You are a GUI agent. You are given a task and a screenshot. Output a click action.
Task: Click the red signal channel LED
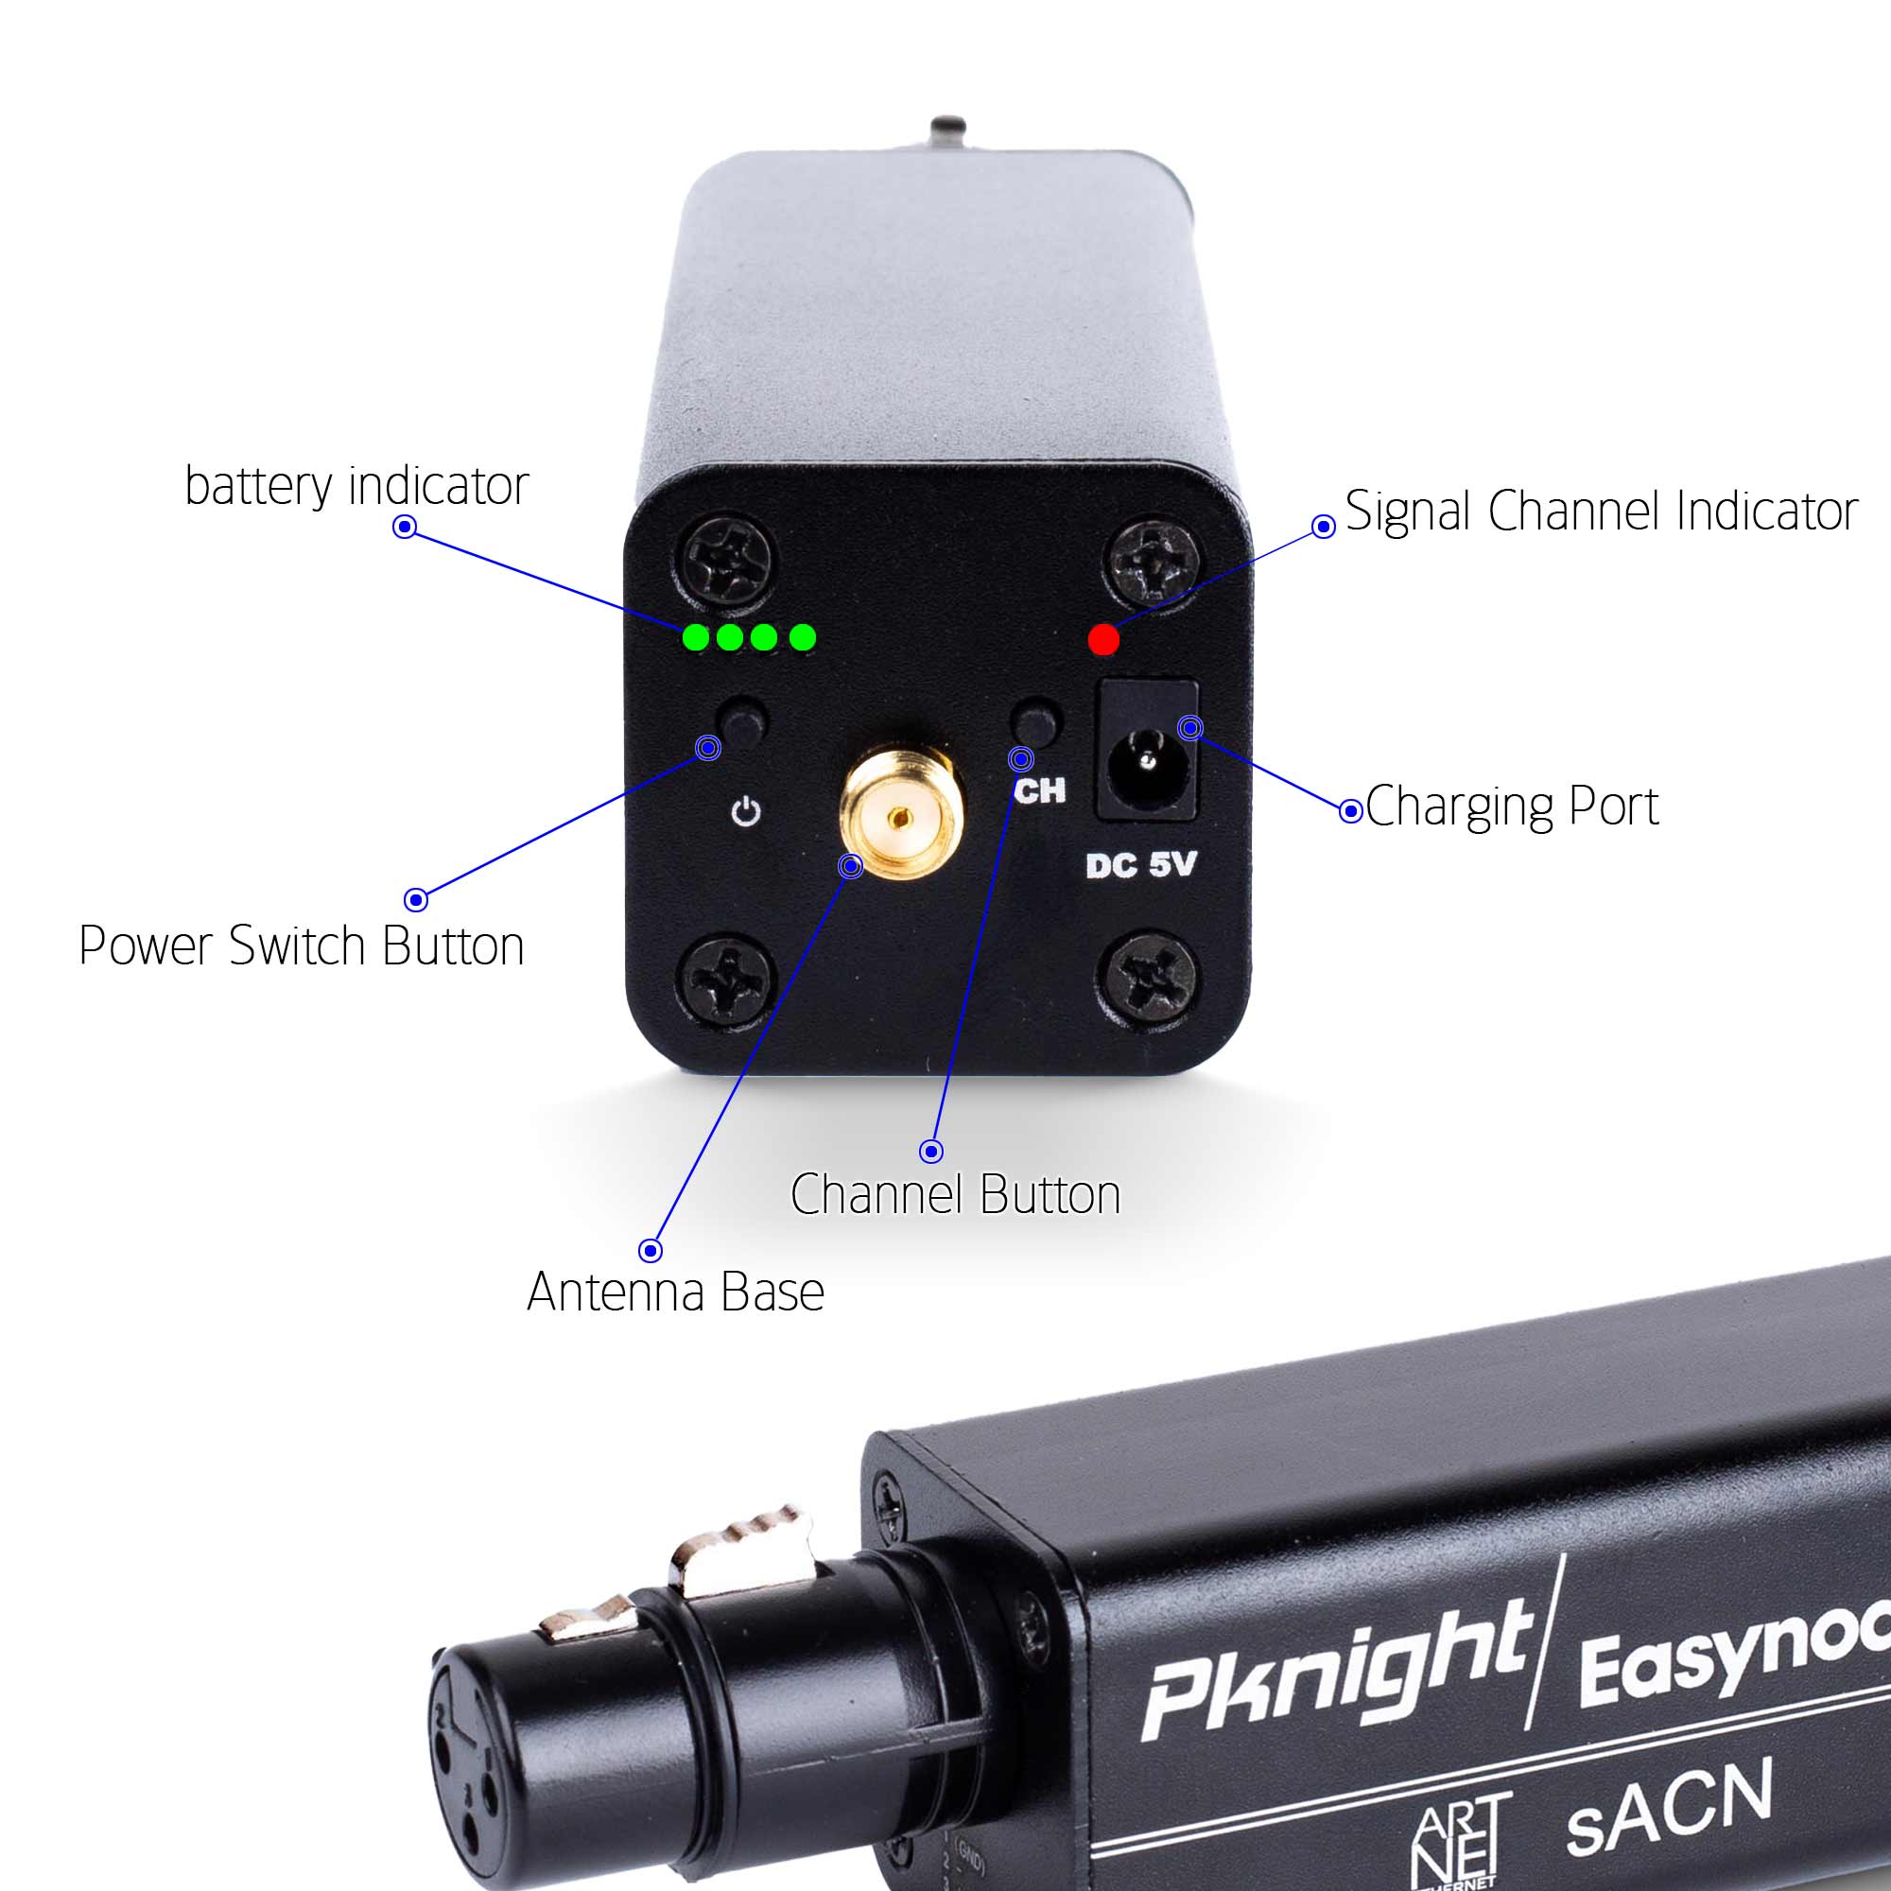(x=1103, y=639)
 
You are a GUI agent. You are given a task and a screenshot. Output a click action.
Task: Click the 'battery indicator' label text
(x=356, y=485)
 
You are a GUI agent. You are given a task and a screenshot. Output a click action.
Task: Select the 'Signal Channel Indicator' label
(x=1601, y=511)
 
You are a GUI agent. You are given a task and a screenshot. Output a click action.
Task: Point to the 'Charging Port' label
(x=1511, y=807)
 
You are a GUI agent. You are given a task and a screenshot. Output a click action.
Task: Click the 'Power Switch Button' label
(x=302, y=945)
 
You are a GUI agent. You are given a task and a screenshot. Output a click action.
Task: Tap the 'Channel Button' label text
(x=954, y=1194)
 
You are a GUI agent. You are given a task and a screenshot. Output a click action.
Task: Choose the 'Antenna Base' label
(x=675, y=1292)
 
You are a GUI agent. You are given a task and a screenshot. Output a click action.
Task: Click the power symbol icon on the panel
(x=746, y=811)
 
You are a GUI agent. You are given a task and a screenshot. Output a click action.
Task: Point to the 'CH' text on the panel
(x=1039, y=790)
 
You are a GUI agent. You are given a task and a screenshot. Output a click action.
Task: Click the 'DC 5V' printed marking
(x=1140, y=864)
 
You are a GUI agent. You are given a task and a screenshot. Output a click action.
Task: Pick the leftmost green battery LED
(x=695, y=638)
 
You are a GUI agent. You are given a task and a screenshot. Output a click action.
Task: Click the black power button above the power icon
(x=743, y=722)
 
